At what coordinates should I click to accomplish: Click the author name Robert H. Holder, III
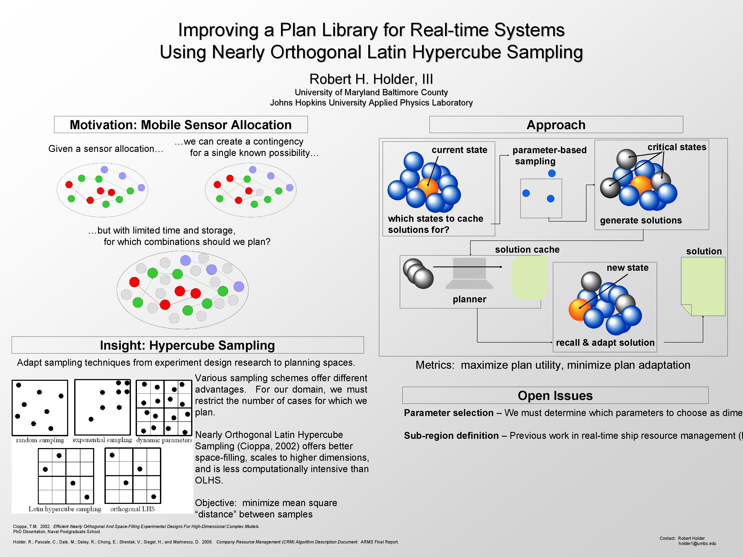[371, 79]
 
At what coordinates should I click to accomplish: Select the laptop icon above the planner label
[469, 273]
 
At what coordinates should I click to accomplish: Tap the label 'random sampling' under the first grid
[40, 440]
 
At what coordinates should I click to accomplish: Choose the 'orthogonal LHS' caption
[132, 509]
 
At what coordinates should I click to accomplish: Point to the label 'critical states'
[677, 147]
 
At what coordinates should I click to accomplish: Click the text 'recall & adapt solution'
[605, 343]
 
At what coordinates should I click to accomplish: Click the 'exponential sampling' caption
[103, 440]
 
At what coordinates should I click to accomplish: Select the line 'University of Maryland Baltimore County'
[371, 92]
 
